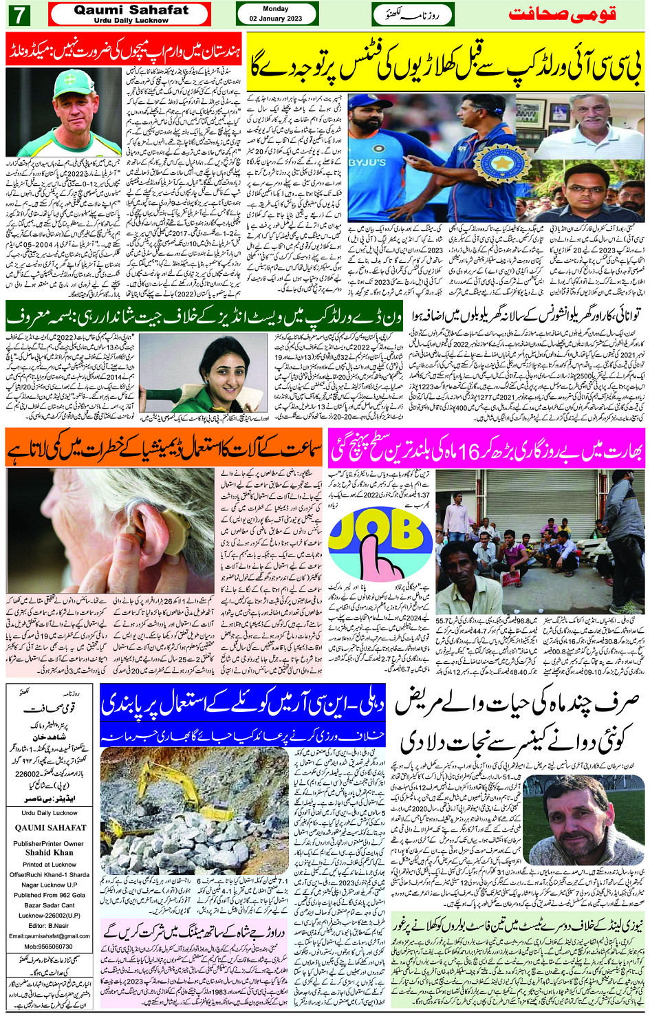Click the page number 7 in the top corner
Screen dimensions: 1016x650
tap(21, 14)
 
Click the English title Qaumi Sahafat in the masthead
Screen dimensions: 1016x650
tap(131, 10)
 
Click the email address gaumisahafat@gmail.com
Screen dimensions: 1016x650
tap(50, 936)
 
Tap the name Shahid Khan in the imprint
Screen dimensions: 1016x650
tap(49, 852)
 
